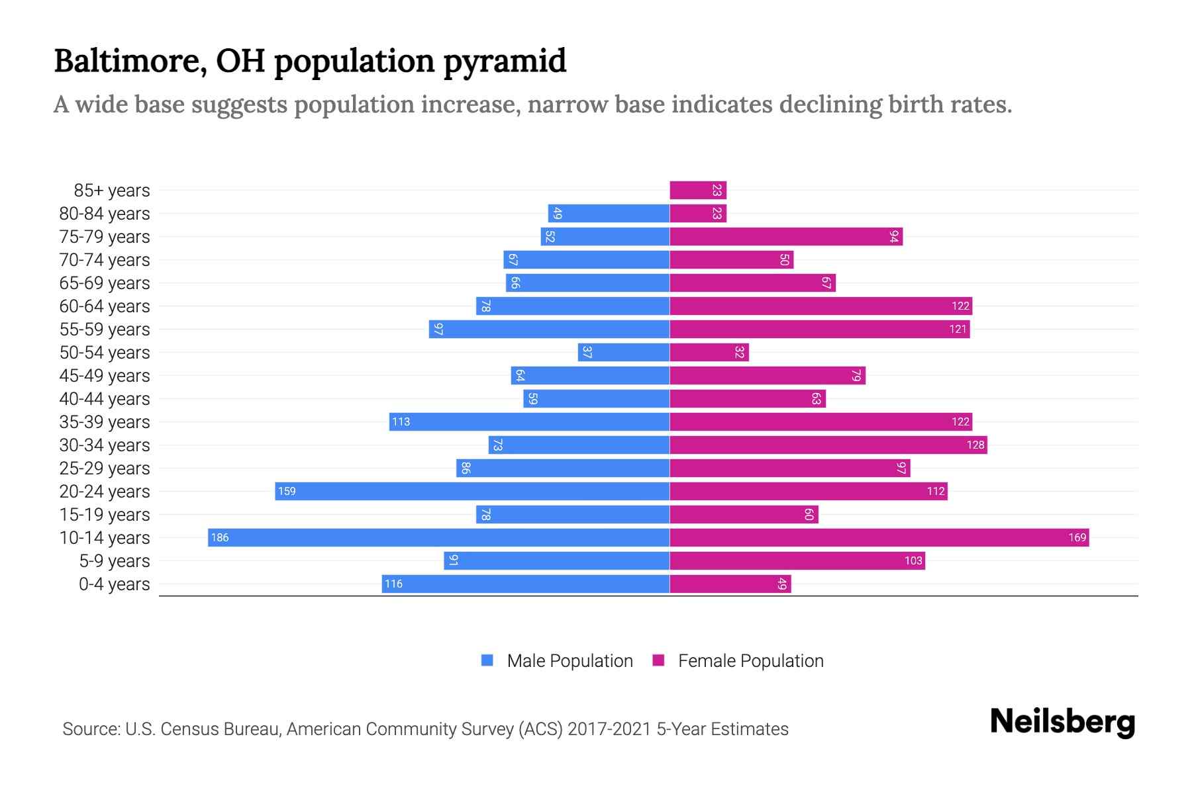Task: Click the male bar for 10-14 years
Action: point(438,537)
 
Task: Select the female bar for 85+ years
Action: point(698,190)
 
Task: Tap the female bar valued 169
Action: point(879,537)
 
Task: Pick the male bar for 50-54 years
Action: point(623,352)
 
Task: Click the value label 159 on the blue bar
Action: point(287,491)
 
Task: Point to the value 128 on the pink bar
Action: point(975,445)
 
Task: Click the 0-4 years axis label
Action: point(114,584)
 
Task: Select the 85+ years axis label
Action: point(111,190)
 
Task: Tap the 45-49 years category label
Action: point(105,375)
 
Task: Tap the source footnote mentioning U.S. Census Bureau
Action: point(425,728)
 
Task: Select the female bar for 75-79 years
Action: point(786,236)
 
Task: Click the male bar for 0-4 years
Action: point(525,584)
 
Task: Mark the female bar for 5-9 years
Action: point(797,560)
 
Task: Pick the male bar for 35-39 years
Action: point(529,421)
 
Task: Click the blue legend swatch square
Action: point(487,660)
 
